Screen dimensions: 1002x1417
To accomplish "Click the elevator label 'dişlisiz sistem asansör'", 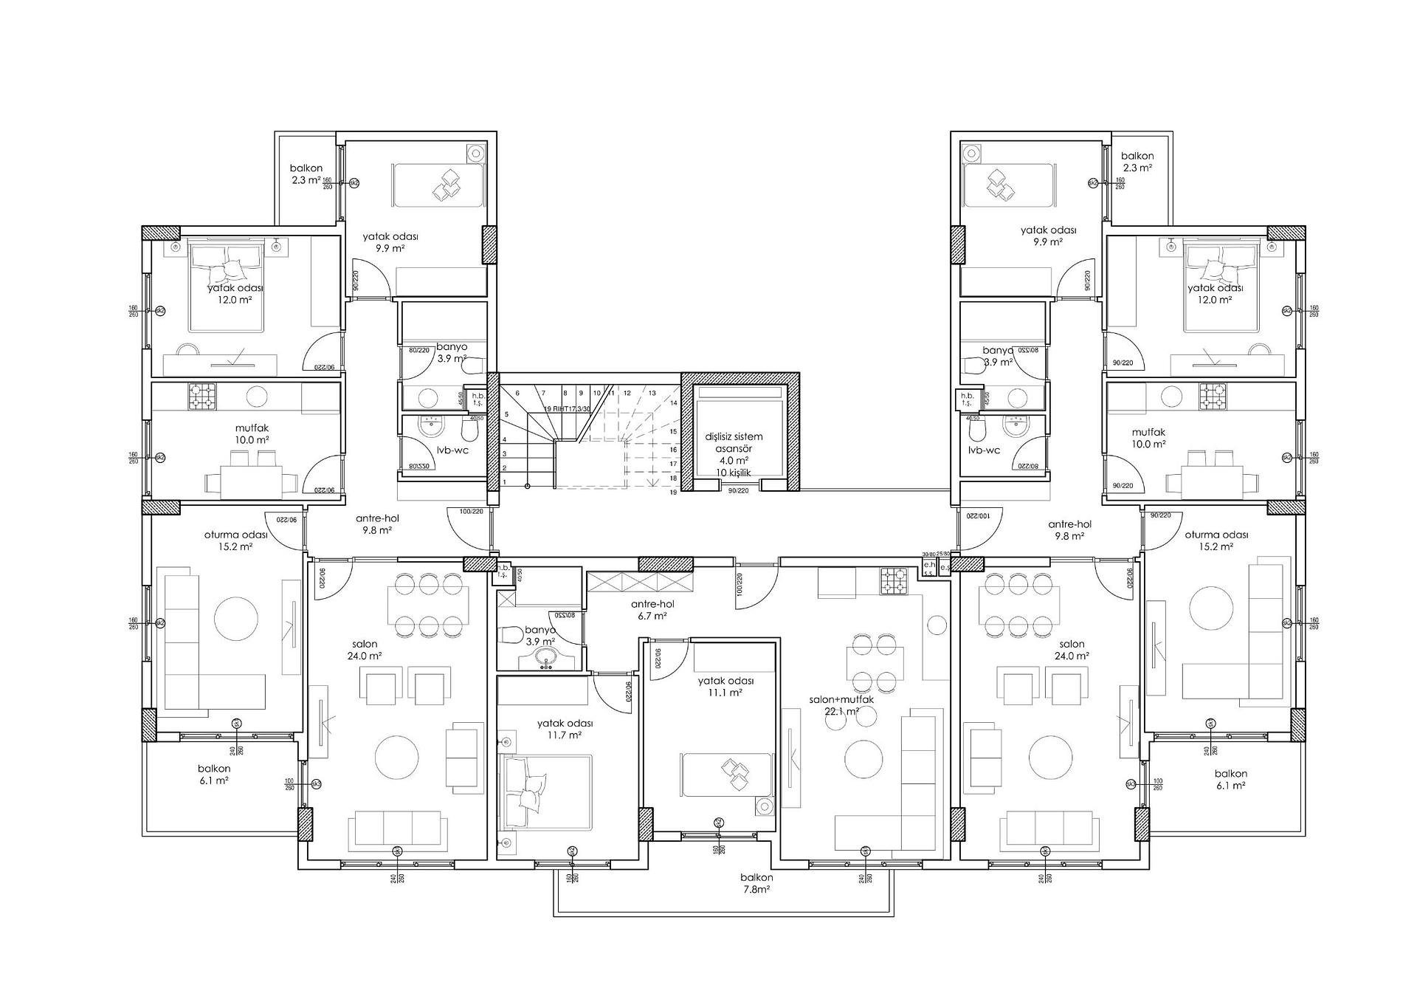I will [734, 443].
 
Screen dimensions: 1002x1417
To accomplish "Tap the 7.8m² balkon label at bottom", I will [756, 883].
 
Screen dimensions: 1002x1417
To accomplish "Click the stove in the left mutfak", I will [202, 397].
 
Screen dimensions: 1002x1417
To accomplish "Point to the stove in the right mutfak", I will [1213, 397].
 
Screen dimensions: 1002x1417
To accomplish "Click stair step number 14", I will [673, 403].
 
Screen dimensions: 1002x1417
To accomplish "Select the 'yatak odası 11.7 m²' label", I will [565, 730].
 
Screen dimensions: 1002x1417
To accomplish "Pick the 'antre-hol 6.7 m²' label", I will [653, 609].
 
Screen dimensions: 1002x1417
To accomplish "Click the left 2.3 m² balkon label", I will [306, 174].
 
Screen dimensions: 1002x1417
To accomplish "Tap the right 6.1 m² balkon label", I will [1230, 779].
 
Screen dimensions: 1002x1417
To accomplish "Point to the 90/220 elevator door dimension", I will [738, 490].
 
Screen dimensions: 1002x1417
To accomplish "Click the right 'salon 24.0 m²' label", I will [1072, 650].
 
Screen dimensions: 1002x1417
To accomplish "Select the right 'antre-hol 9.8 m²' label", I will [1069, 530].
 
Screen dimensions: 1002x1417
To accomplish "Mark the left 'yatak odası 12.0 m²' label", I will [235, 294].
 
